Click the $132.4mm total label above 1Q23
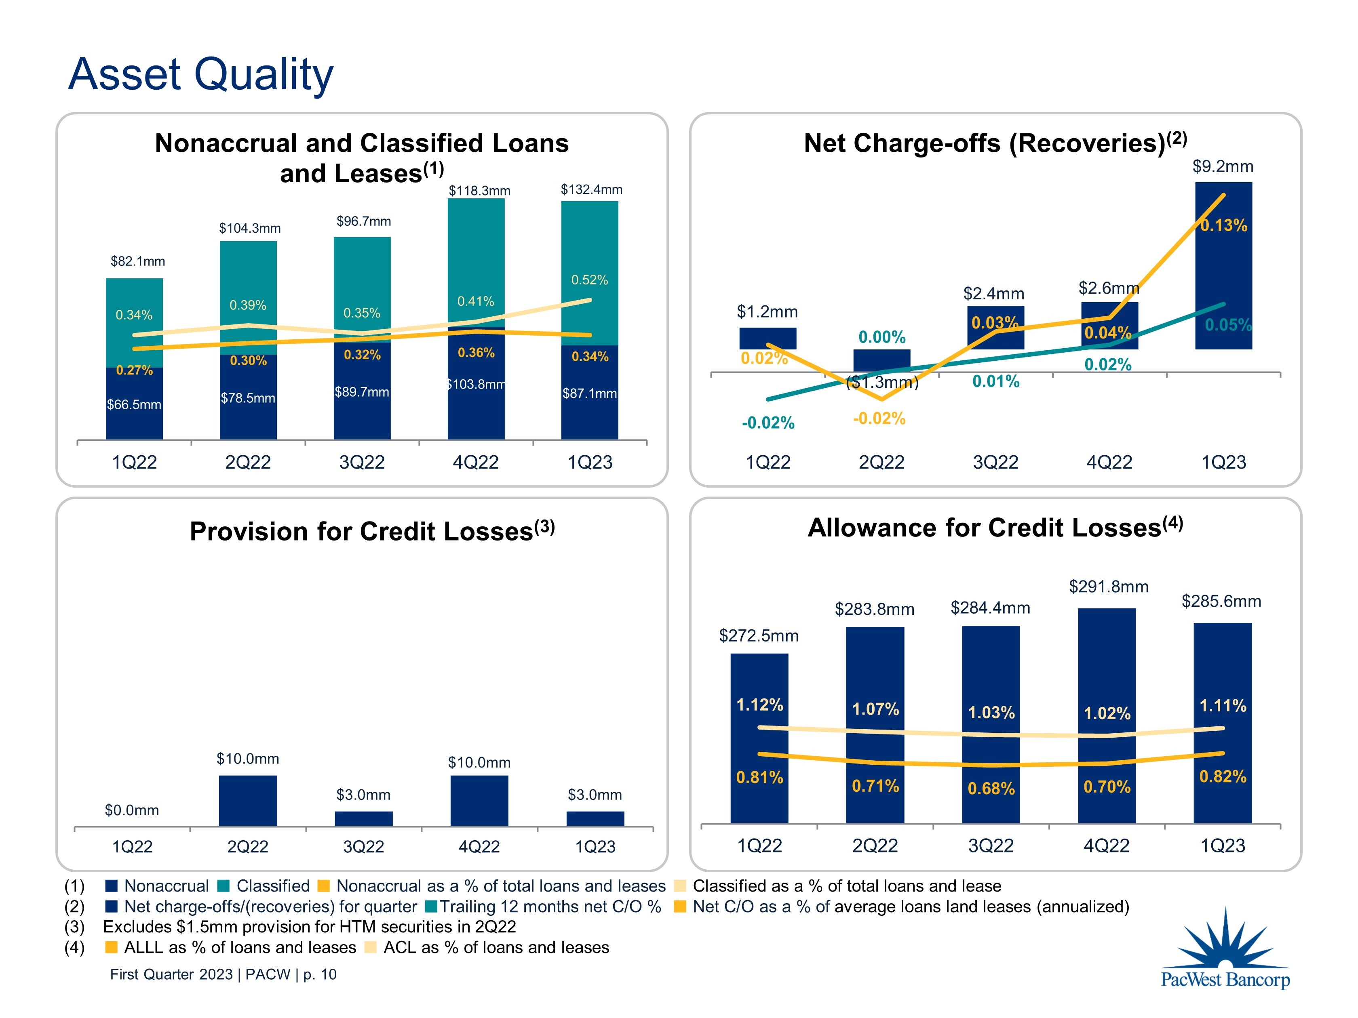591,189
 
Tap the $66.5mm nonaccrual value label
134,404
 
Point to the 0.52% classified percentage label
589,280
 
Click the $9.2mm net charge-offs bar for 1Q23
1223,270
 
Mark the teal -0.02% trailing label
768,423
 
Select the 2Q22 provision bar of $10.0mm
248,800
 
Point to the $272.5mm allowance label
759,636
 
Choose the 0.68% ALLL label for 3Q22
991,789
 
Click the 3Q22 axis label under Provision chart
363,847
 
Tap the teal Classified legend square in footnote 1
224,885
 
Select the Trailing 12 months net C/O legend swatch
431,907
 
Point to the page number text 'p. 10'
320,974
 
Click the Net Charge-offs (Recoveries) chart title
995,143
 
